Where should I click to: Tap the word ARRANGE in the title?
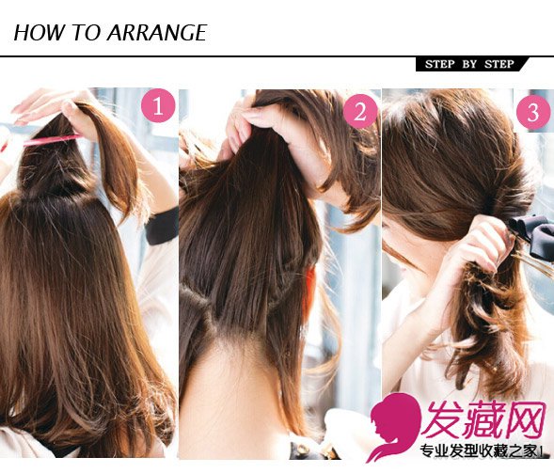pyautogui.click(x=157, y=33)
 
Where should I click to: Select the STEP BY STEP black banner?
pyautogui.click(x=471, y=64)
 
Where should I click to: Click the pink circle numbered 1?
pyautogui.click(x=158, y=105)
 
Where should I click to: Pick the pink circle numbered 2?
pyautogui.click(x=360, y=111)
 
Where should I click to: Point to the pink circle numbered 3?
pyautogui.click(x=533, y=112)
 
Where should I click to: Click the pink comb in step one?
pyautogui.click(x=50, y=141)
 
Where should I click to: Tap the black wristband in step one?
pyautogui.click(x=162, y=226)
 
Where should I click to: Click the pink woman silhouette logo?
pyautogui.click(x=393, y=427)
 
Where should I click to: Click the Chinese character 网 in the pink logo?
pyautogui.click(x=524, y=419)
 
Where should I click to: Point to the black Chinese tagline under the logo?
pyautogui.click(x=482, y=451)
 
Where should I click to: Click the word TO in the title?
pyautogui.click(x=87, y=33)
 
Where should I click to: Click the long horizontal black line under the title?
pyautogui.click(x=277, y=55)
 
